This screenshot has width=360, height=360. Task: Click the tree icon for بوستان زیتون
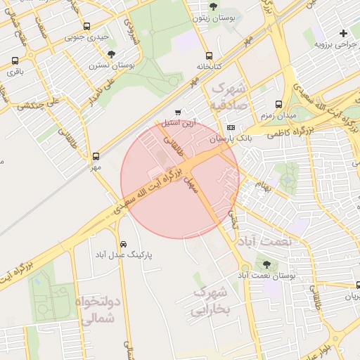coord(213,6)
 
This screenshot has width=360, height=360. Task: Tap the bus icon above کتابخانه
coord(209,56)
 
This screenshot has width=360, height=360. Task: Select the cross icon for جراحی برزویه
coord(343,33)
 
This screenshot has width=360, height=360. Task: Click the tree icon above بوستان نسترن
coord(111,54)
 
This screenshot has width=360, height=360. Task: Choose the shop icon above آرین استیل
coord(178,112)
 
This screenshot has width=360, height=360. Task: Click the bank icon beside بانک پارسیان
coord(231,127)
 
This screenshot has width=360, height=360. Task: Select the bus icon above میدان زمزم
coord(279,103)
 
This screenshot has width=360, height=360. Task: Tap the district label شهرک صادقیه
coord(230,98)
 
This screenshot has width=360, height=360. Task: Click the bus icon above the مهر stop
coord(96,157)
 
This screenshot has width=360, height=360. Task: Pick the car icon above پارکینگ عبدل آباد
coord(124,244)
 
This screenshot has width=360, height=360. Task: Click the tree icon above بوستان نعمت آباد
coord(266,264)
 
